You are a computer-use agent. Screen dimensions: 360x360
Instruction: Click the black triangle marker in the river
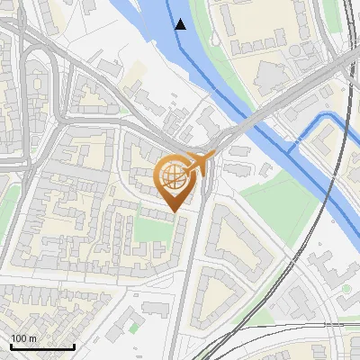pos(181,24)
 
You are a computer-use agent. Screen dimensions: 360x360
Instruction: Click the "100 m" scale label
pos(24,337)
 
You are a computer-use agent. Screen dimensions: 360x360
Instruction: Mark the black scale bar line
pos(42,346)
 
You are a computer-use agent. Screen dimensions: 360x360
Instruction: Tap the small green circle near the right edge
pos(346,289)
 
